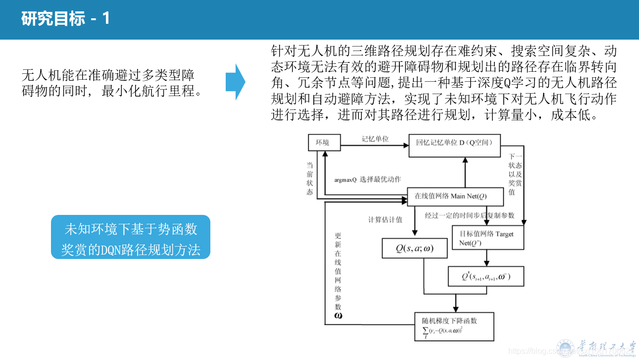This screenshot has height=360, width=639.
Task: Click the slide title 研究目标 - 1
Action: click(x=65, y=19)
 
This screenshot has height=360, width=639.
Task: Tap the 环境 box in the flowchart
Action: click(x=324, y=143)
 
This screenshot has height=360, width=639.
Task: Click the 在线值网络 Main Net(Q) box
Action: click(x=455, y=197)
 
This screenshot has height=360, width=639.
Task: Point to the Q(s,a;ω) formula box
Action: click(x=414, y=249)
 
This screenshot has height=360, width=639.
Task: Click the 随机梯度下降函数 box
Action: click(x=454, y=326)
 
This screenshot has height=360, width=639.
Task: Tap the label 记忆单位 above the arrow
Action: click(x=375, y=139)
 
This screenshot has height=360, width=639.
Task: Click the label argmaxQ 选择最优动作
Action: click(x=367, y=179)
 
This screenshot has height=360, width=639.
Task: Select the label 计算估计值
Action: click(x=385, y=219)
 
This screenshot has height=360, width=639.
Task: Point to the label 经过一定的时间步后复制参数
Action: click(x=470, y=215)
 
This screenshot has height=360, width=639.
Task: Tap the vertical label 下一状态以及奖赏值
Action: click(x=511, y=174)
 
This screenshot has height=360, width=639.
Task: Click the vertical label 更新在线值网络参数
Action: click(x=338, y=275)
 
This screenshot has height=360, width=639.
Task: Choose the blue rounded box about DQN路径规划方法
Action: click(x=131, y=237)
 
